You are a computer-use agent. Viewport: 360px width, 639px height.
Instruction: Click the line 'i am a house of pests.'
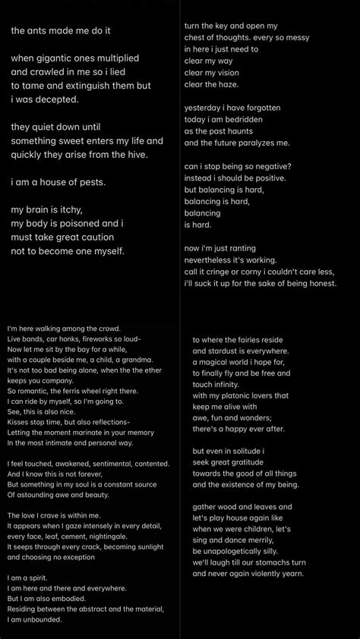(63, 182)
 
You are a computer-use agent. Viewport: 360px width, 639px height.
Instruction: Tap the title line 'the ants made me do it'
(61, 30)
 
